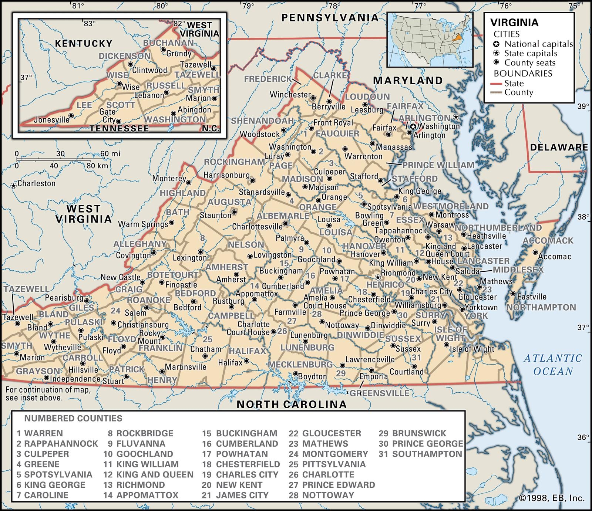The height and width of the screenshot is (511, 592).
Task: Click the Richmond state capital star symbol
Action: coord(377,277)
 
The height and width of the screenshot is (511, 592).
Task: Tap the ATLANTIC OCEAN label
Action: coord(553,364)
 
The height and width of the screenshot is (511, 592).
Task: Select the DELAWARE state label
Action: coord(559,147)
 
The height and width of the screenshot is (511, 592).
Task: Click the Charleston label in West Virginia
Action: coord(36,183)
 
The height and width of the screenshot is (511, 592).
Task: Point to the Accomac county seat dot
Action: coord(535,252)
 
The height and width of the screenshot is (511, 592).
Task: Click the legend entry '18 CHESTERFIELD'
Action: coord(241,464)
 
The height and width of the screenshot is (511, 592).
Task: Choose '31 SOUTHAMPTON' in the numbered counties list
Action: coord(420,454)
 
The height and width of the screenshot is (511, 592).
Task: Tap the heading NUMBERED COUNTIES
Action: coord(73,418)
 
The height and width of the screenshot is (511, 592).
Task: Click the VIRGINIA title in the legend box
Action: coord(514,23)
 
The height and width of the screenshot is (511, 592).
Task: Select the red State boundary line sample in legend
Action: coord(498,84)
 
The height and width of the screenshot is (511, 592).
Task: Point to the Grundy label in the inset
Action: coord(179,54)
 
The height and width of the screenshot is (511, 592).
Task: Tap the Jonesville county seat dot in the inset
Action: coord(71,115)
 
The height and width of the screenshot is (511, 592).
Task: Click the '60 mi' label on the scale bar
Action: coord(110,154)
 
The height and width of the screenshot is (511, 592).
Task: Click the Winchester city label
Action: coord(290,95)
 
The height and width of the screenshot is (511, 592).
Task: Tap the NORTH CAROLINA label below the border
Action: coord(292,404)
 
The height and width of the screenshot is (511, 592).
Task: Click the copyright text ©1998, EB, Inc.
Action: coord(552,498)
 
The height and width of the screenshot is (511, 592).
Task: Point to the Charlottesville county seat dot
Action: coord(286,224)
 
